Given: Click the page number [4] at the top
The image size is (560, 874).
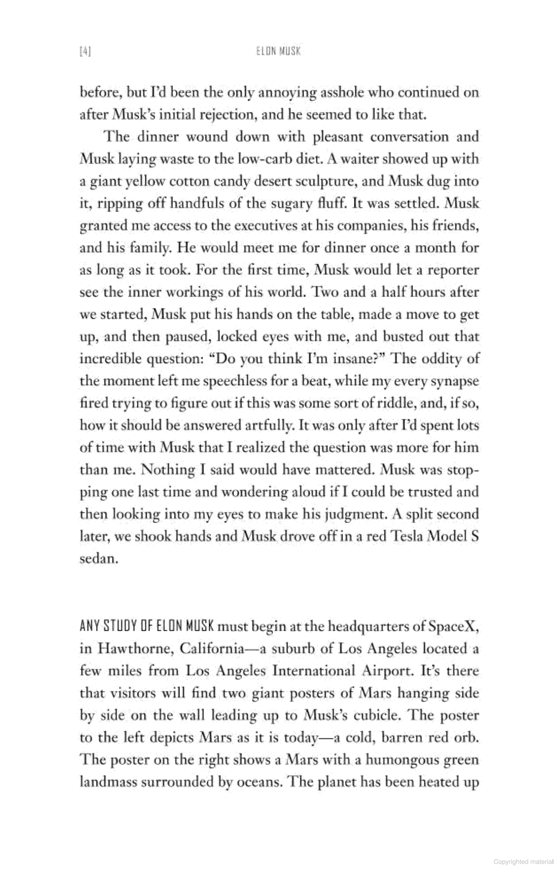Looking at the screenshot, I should pos(85,52).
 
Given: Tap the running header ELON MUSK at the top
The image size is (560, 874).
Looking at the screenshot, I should pos(278,52).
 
